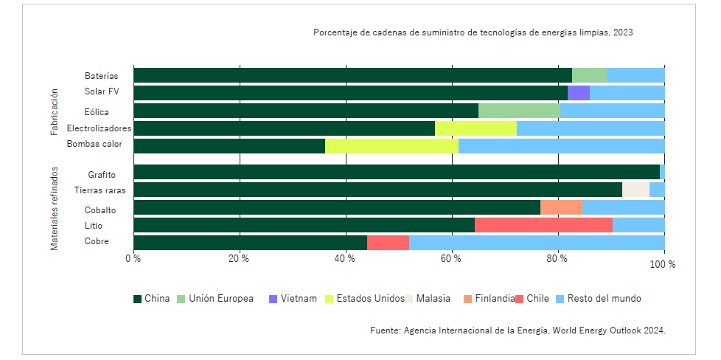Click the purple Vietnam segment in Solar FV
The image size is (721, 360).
point(578,93)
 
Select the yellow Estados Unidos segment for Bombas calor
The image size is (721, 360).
point(391,145)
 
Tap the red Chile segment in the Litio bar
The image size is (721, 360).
point(543,224)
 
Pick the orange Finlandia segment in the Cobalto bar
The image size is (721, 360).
point(561,207)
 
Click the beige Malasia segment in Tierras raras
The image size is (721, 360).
point(635,190)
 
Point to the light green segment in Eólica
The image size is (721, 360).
point(519,111)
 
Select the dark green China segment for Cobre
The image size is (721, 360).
point(250,242)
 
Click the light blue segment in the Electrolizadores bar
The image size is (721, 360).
point(591,128)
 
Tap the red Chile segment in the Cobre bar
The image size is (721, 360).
point(388,242)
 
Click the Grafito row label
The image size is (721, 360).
point(102,175)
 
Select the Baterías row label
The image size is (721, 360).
point(102,76)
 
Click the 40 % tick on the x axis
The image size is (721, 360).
point(345,258)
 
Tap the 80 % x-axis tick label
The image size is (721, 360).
point(557,258)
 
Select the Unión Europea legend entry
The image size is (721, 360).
point(220,299)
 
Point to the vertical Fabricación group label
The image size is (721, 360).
point(55,113)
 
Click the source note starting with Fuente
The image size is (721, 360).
point(518,330)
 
